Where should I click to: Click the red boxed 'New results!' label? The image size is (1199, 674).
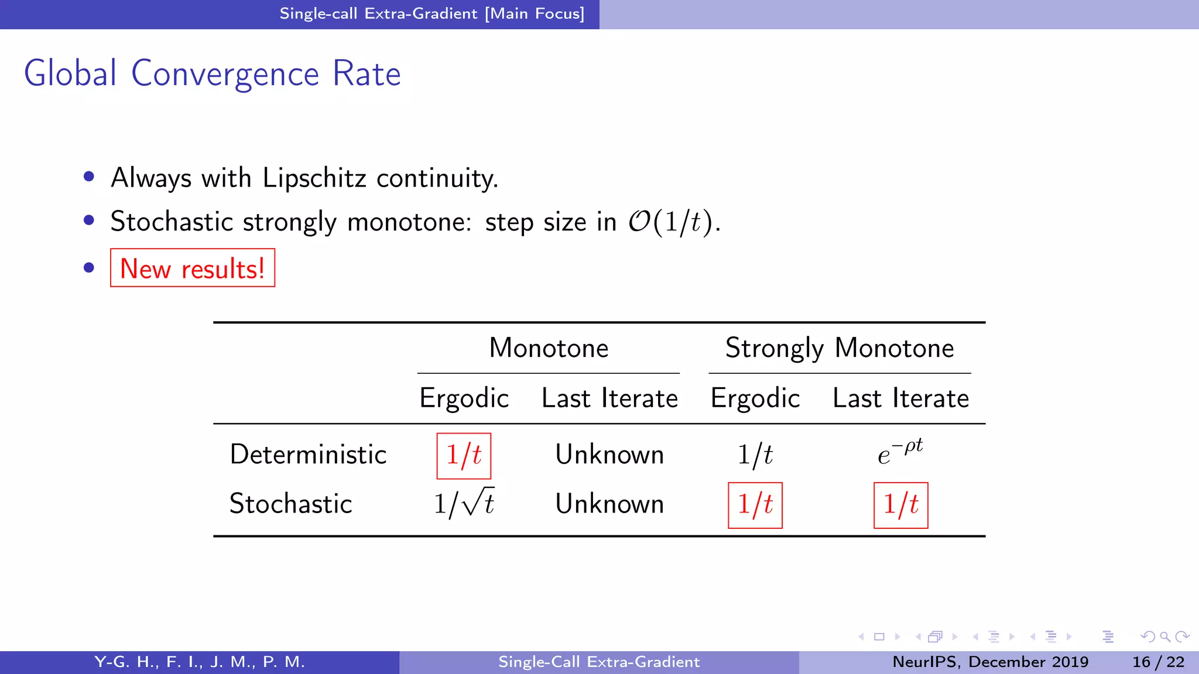[x=193, y=269]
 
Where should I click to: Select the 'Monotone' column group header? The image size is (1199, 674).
[x=549, y=348]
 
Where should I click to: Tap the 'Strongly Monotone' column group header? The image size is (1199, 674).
[x=840, y=348]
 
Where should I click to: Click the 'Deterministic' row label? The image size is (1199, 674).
[x=308, y=455]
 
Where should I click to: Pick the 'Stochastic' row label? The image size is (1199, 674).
[x=290, y=504]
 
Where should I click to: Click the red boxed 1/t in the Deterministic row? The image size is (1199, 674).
[x=464, y=455]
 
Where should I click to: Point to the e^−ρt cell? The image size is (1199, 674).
[x=900, y=452]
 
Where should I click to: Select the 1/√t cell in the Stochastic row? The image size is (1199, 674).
[x=464, y=503]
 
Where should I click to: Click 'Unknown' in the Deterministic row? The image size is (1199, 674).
[x=609, y=455]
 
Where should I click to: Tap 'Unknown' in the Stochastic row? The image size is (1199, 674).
[x=609, y=504]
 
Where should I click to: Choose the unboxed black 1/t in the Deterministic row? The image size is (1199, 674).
[x=755, y=455]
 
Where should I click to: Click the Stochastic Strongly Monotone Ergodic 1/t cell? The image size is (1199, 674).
[x=755, y=504]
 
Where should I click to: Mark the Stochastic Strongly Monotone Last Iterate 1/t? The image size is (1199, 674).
[x=900, y=504]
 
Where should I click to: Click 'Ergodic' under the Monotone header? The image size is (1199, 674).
[x=464, y=398]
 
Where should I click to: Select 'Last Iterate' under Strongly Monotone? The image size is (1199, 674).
[x=900, y=398]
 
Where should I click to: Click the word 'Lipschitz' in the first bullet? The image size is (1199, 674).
[x=314, y=178]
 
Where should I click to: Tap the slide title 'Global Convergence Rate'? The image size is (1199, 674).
[x=212, y=74]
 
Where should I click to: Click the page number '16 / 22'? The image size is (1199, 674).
[x=1158, y=662]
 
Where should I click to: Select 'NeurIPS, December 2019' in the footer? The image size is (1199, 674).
[x=990, y=662]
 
